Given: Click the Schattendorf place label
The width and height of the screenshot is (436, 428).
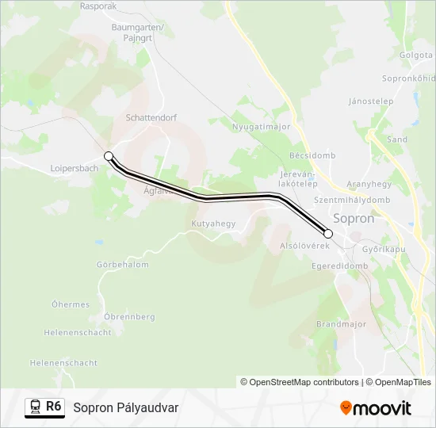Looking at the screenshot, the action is [x=151, y=117].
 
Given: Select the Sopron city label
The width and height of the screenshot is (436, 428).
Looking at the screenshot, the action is [x=354, y=219].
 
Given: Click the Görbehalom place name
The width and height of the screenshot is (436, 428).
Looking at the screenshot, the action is [x=122, y=265].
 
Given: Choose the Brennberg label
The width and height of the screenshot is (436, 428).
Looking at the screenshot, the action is [x=129, y=316].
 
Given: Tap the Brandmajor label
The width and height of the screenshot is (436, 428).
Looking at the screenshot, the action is [x=342, y=324].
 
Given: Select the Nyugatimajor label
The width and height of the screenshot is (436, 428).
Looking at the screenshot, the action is [x=262, y=127].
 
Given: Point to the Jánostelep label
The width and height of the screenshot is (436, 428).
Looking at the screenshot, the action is [x=371, y=101].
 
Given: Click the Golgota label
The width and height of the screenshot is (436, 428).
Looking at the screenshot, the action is [x=415, y=55].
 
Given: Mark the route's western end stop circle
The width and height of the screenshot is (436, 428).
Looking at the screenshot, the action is [x=109, y=156].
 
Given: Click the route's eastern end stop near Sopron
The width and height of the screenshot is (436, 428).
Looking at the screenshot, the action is [x=328, y=233].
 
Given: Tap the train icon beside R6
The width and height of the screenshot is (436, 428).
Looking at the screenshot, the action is [x=35, y=407].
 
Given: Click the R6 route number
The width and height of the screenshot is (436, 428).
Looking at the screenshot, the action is [x=54, y=407].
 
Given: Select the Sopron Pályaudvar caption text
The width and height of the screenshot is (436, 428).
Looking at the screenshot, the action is [x=126, y=407].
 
